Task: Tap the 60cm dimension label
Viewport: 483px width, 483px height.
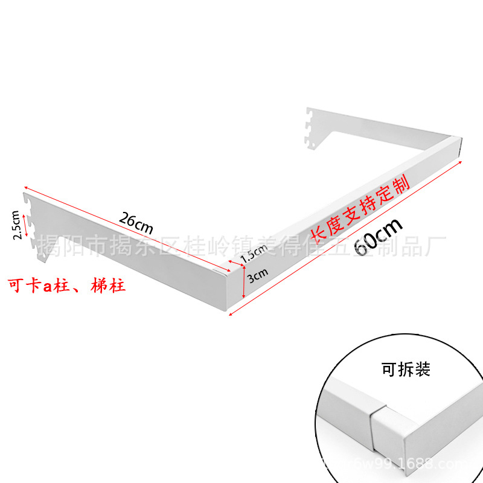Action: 378,236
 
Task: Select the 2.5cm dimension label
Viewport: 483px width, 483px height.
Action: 19,225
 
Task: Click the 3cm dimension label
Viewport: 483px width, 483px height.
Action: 257,275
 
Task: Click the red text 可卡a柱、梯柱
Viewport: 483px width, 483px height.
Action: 66,285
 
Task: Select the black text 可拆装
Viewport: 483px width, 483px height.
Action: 406,369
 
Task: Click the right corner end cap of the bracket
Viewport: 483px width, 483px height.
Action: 460,149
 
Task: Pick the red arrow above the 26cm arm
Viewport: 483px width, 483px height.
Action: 127,226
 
